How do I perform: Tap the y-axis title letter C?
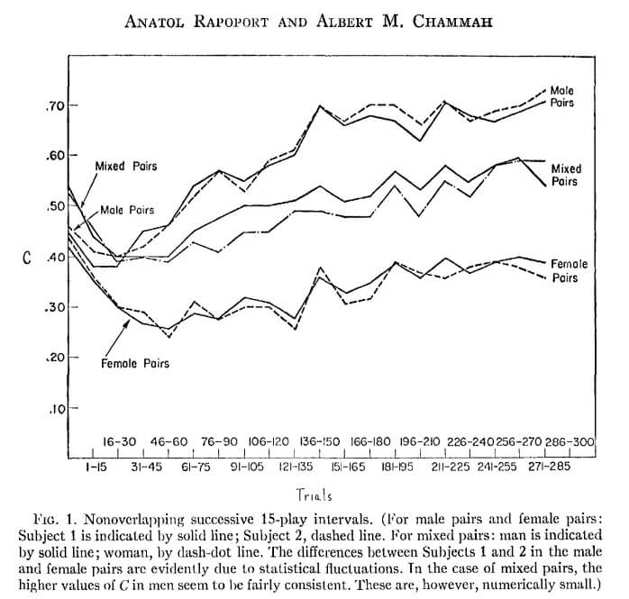(x=28, y=257)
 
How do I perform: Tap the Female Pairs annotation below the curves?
(x=135, y=363)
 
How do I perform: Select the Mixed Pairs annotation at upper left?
(x=125, y=168)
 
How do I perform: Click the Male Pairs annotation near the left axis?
(x=127, y=210)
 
